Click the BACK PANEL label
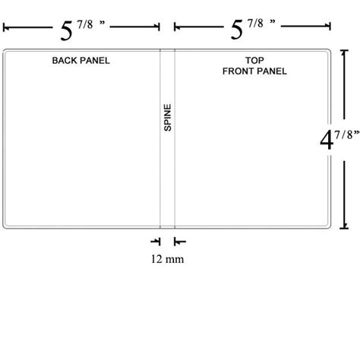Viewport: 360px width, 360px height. (81, 61)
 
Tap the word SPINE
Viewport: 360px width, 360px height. (168, 118)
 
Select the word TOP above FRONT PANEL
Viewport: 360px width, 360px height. (254, 60)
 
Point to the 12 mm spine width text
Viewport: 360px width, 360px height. (167, 259)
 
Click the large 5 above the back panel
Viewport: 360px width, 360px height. (66, 31)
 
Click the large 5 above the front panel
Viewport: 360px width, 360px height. (237, 30)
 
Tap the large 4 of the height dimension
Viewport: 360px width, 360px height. (327, 140)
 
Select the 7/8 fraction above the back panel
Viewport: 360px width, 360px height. (85, 25)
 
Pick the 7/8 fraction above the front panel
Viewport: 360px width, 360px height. (255, 24)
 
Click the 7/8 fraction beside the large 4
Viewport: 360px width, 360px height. (343, 135)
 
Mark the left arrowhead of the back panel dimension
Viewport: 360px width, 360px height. (6, 27)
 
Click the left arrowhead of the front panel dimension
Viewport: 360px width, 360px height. (177, 27)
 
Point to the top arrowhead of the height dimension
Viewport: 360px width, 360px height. (343, 53)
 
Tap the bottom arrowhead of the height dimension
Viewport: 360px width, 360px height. (344, 226)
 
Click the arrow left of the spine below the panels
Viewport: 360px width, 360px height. (156, 242)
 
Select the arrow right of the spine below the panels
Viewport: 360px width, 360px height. (180, 242)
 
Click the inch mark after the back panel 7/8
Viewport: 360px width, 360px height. (102, 22)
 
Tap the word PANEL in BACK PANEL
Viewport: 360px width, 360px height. (95, 61)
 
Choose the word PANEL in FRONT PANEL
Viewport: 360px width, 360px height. (272, 71)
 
